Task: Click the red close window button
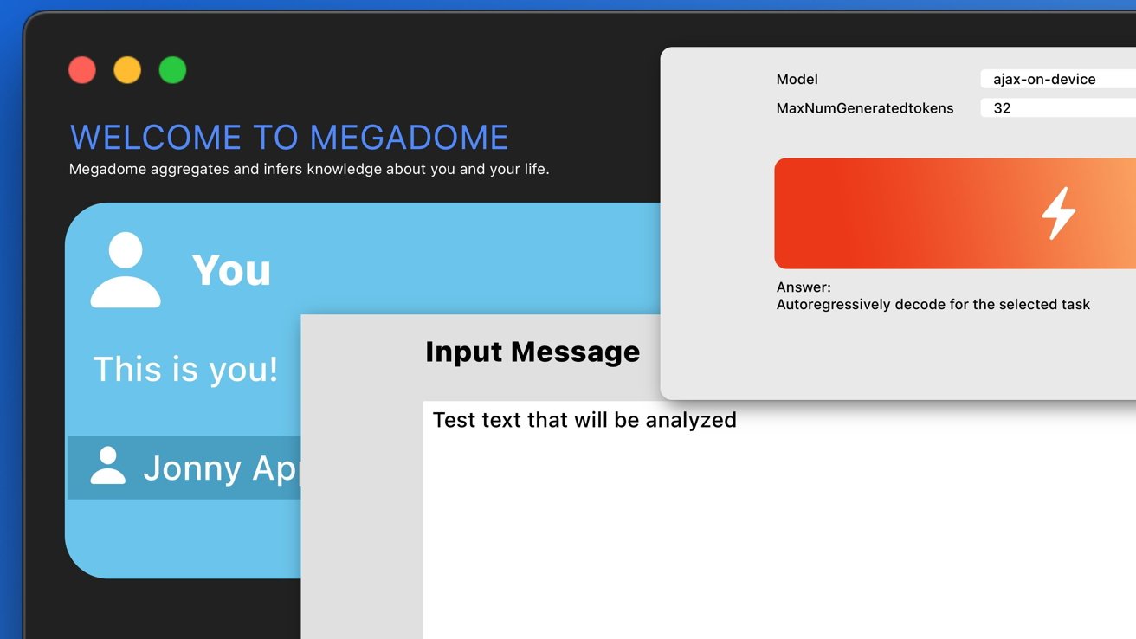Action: click(x=82, y=70)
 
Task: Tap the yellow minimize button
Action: click(x=127, y=70)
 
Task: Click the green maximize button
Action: click(x=172, y=70)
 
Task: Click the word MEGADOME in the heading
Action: click(x=409, y=137)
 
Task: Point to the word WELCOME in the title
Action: click(x=155, y=137)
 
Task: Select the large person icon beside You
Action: click(x=126, y=270)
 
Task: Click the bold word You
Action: click(x=231, y=270)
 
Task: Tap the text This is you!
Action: click(x=185, y=369)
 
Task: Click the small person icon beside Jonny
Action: click(x=108, y=465)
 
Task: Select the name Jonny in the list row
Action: click(x=192, y=468)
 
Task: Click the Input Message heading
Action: click(x=532, y=352)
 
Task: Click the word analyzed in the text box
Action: click(x=691, y=421)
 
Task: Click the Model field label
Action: click(x=797, y=79)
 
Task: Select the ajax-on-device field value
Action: click(x=1044, y=79)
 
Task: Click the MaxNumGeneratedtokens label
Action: click(x=865, y=108)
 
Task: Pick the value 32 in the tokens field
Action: click(x=1002, y=108)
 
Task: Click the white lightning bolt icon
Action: click(x=1058, y=213)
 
